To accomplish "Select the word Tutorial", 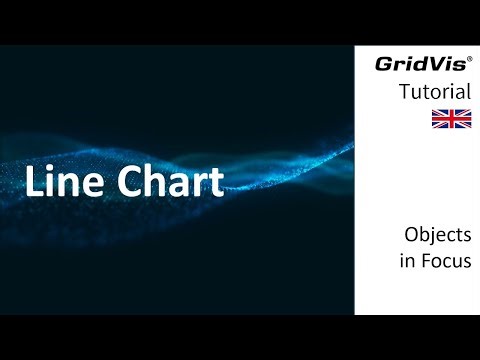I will pyautogui.click(x=435, y=92).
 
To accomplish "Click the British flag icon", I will pyautogui.click(x=451, y=119).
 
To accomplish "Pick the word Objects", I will pyautogui.click(x=437, y=237).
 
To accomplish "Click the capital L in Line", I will pyautogui.click(x=35, y=182).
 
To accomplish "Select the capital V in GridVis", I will pyautogui.click(x=432, y=65).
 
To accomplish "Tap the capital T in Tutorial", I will pyautogui.click(x=404, y=92).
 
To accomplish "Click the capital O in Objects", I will pyautogui.click(x=411, y=237).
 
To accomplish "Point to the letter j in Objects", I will pyautogui.click(x=436, y=239).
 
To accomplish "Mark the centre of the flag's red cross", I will pyautogui.click(x=451, y=119).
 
